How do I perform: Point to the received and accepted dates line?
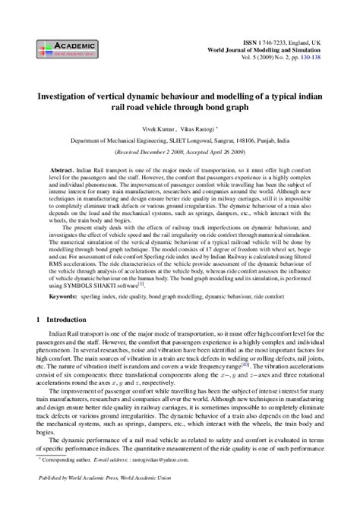coord(180,151)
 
